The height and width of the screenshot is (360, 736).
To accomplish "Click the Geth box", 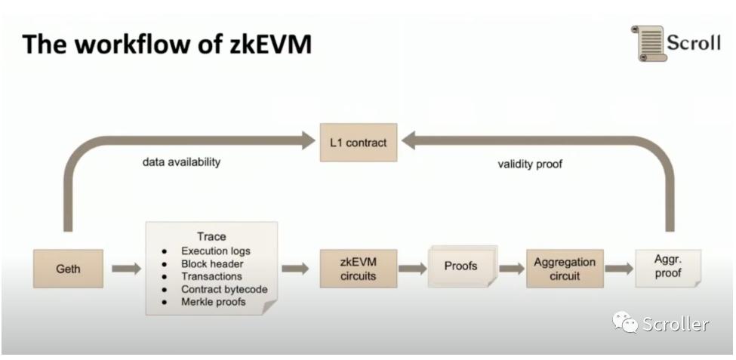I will (68, 269).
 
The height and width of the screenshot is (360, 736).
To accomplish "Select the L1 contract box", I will (358, 142).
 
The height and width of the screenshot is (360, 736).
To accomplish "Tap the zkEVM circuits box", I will (358, 269).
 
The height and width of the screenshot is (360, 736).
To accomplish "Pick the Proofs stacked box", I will (460, 266).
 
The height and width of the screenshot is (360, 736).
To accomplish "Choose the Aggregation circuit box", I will (564, 269).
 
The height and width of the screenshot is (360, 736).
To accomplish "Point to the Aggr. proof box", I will (667, 268).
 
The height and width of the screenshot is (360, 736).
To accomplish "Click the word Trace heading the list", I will (211, 237).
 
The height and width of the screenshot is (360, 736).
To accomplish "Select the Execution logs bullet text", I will (215, 251).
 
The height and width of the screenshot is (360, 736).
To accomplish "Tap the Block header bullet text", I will (211, 263).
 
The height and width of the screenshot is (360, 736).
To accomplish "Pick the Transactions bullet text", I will (211, 276).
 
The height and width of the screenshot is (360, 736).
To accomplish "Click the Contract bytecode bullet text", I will (224, 289).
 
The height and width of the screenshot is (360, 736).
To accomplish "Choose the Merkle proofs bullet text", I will (213, 302).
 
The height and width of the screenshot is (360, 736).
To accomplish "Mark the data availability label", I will (181, 162).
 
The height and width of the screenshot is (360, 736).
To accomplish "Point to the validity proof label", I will (530, 163).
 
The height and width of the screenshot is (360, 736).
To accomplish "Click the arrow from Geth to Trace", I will (126, 269).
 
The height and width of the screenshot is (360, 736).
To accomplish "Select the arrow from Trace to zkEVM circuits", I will (295, 269).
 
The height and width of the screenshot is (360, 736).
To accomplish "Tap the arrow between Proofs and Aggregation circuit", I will (511, 269).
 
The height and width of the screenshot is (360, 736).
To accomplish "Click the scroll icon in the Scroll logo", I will (647, 43).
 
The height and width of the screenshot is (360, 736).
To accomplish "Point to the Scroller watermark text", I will (675, 325).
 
